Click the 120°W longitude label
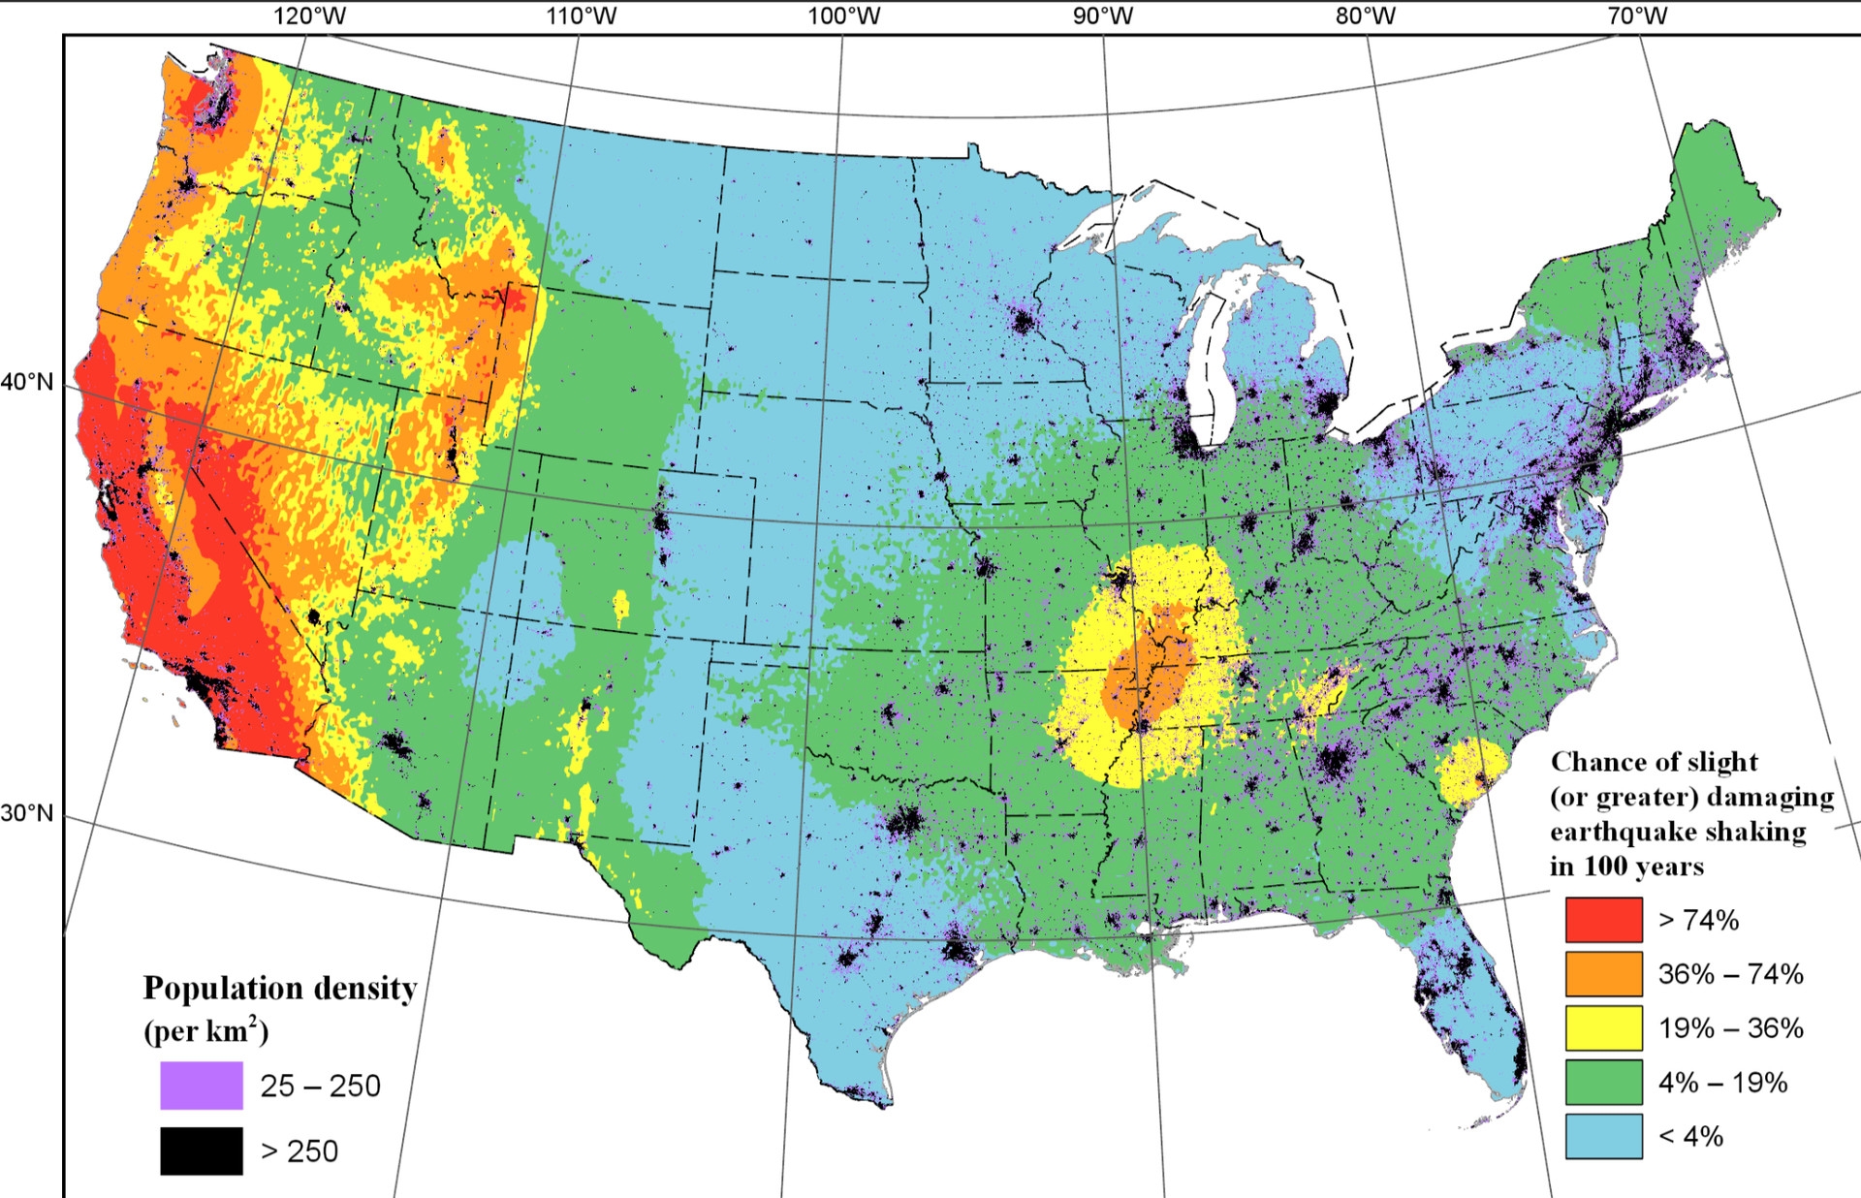(309, 16)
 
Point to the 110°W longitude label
(580, 16)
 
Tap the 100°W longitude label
(844, 16)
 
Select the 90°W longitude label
(1103, 16)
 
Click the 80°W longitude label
(1366, 16)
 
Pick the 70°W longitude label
(1637, 16)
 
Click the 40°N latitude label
(27, 382)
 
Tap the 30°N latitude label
(27, 813)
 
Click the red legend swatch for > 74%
(1603, 919)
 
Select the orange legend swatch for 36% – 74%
(1603, 973)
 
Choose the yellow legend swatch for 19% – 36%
(1603, 1027)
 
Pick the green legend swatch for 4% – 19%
(1603, 1082)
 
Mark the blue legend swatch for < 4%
(1603, 1136)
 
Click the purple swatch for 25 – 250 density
(202, 1085)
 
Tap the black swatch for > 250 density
(202, 1151)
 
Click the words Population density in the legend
(279, 988)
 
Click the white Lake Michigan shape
(1209, 359)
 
